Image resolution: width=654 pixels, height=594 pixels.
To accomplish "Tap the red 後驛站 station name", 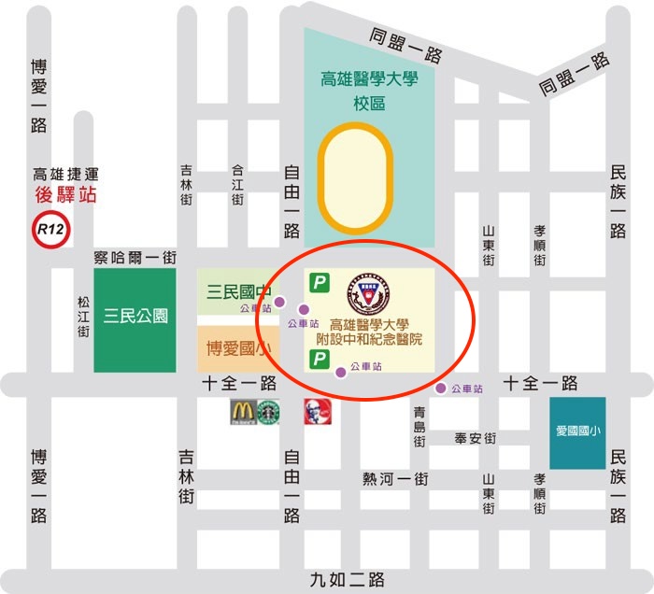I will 65,194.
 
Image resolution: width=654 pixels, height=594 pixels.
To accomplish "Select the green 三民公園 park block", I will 135,316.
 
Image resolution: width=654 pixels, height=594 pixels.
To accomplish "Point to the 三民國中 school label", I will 237,289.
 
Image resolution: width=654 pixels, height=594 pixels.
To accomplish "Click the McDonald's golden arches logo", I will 242,412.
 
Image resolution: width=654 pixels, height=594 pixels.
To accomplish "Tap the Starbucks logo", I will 269,412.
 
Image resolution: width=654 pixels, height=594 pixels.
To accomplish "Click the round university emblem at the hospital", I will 366,293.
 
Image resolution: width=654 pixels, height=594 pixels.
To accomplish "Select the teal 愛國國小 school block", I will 576,432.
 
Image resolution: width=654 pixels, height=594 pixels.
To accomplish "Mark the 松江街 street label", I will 84,317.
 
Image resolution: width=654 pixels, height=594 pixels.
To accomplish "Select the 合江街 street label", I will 237,186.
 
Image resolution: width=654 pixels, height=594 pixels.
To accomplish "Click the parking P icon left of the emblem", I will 320,281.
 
